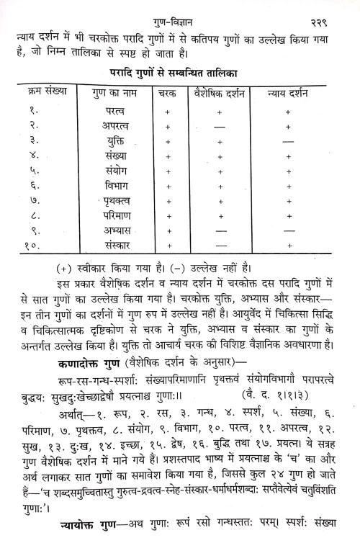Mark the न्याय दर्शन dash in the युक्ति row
[x=288, y=142]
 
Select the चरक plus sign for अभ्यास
[x=167, y=230]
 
